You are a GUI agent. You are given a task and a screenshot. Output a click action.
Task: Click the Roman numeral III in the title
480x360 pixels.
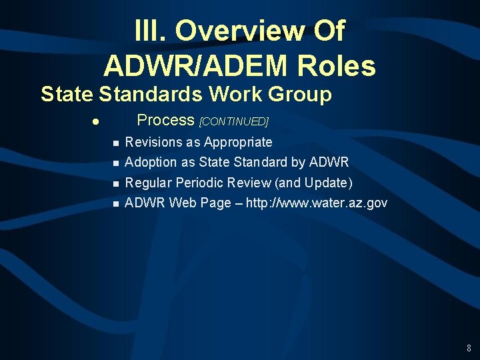coord(147,31)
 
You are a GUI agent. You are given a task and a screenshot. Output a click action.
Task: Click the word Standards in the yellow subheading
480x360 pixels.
coord(149,95)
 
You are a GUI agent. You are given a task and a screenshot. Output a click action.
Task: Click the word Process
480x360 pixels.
coord(165,120)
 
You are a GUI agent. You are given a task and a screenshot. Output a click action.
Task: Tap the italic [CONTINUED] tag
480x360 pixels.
coord(233,121)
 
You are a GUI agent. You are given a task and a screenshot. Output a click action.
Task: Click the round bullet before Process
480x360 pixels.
coord(97,122)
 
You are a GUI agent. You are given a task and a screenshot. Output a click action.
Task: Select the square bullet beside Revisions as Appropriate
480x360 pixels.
coord(115,143)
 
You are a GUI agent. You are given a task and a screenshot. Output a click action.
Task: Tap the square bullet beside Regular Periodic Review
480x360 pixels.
coord(115,183)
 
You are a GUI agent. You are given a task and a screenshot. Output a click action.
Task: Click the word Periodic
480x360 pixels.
coord(199,183)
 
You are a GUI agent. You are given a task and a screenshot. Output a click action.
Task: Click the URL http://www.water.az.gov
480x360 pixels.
coord(317,203)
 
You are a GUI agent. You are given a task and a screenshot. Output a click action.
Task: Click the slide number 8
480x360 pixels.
coord(469,348)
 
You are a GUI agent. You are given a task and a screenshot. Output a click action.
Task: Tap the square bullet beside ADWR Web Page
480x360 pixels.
coord(115,203)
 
